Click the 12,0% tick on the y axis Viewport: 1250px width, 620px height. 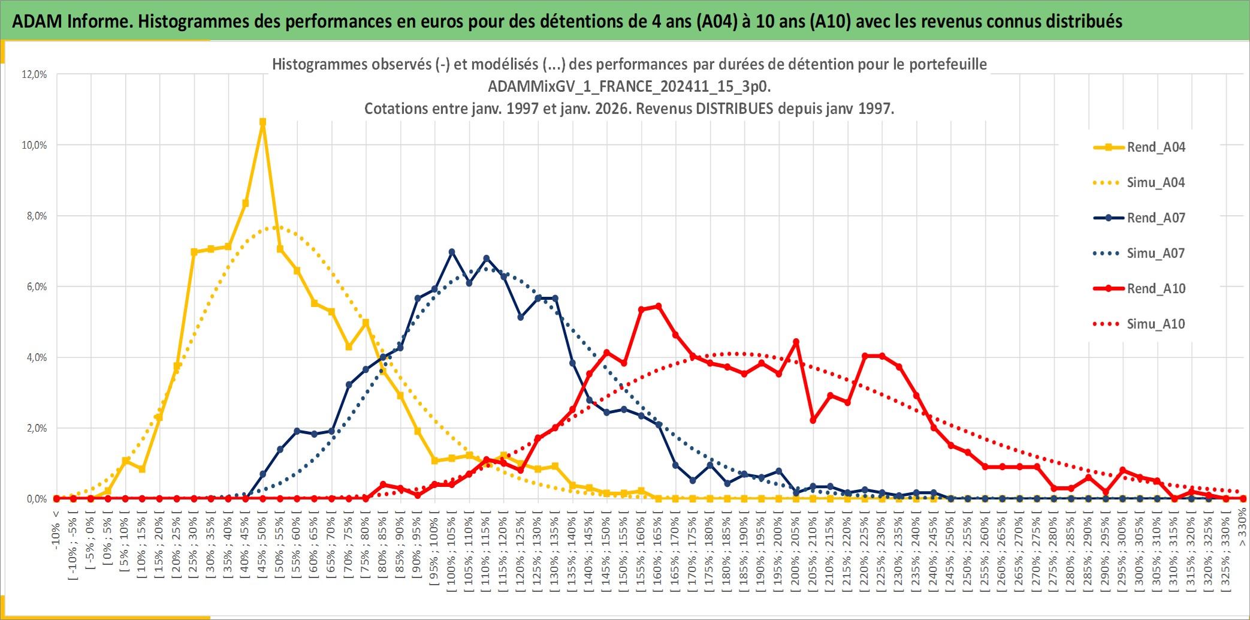[34, 74]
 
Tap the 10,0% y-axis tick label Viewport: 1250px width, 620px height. [34, 145]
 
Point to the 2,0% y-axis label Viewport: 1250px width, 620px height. [36, 428]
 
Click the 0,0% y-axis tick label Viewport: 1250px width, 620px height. [36, 499]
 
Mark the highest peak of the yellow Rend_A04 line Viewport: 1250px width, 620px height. [262, 122]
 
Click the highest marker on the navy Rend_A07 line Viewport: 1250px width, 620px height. [452, 252]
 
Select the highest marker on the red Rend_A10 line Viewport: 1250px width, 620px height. [659, 306]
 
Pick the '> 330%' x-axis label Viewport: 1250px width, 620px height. [1242, 526]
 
